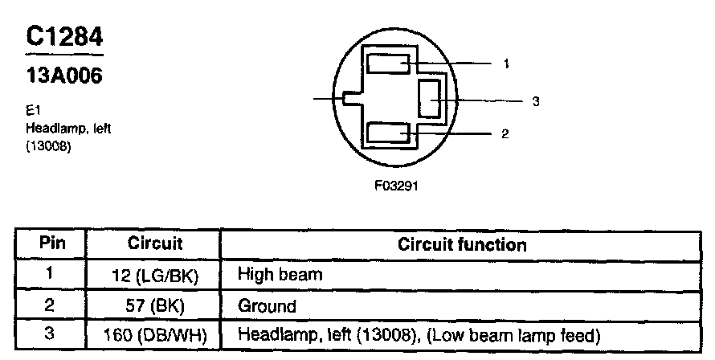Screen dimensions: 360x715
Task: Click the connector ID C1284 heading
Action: coord(64,39)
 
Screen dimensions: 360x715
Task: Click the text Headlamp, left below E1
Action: coord(62,129)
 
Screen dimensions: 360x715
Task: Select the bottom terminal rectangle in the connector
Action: coord(389,133)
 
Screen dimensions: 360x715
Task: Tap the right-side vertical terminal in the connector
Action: coord(431,100)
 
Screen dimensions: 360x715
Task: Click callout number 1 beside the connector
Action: coord(506,63)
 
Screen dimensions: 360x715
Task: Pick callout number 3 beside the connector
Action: coord(536,101)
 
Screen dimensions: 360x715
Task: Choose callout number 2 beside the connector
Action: coord(505,133)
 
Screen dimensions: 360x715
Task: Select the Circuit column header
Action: coord(155,243)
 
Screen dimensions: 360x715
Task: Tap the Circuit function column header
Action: coord(462,244)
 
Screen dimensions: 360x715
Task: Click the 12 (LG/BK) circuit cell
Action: coord(155,276)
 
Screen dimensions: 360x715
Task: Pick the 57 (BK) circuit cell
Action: coord(155,305)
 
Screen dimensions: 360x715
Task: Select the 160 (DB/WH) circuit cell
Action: coord(155,334)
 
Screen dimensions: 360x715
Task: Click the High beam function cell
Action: coord(280,275)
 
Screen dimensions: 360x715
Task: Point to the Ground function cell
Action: coord(267,305)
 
